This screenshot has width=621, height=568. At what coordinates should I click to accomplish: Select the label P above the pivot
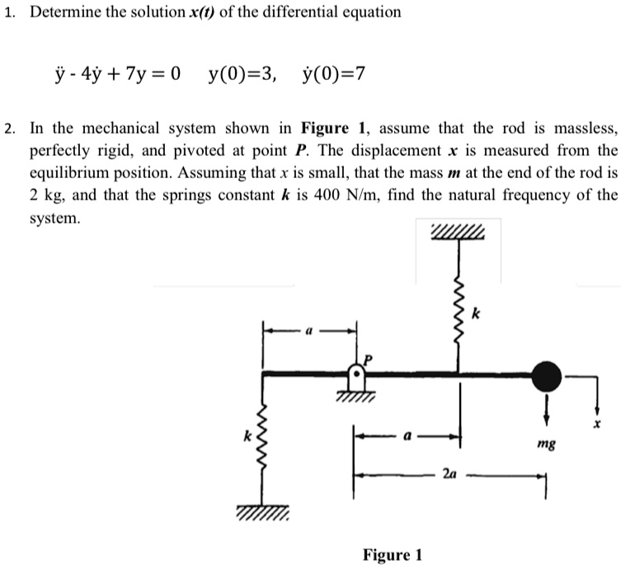point(369,359)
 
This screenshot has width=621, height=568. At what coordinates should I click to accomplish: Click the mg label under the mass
point(545,444)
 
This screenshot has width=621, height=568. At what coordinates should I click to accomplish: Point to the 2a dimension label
point(449,474)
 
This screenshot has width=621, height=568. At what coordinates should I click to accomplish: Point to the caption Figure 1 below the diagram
point(392,554)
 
